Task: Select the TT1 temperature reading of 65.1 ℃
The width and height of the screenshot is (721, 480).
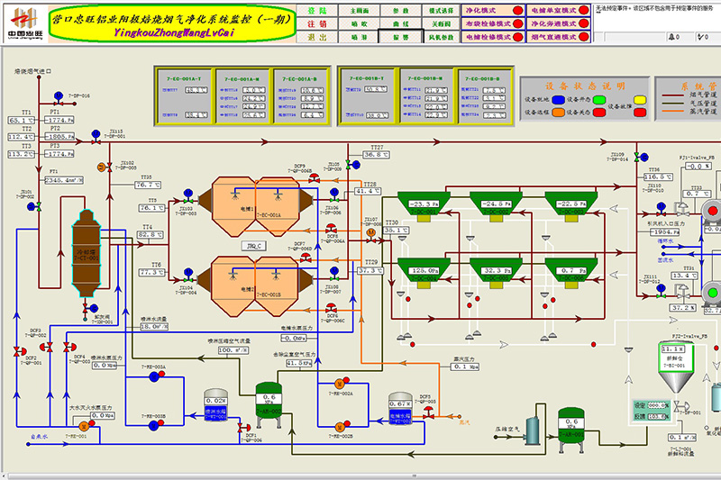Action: [21, 119]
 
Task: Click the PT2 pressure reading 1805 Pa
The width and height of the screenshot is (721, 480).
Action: [65, 136]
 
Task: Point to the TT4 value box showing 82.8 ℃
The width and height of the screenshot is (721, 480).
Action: [150, 234]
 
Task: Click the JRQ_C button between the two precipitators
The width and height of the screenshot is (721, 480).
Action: [253, 245]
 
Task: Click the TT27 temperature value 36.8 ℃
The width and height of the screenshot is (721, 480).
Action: [375, 155]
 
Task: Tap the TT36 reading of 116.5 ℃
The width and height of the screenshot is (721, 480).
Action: [659, 177]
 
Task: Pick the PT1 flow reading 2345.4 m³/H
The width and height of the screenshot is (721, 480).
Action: [66, 180]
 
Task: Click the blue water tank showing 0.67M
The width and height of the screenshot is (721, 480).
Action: [399, 410]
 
